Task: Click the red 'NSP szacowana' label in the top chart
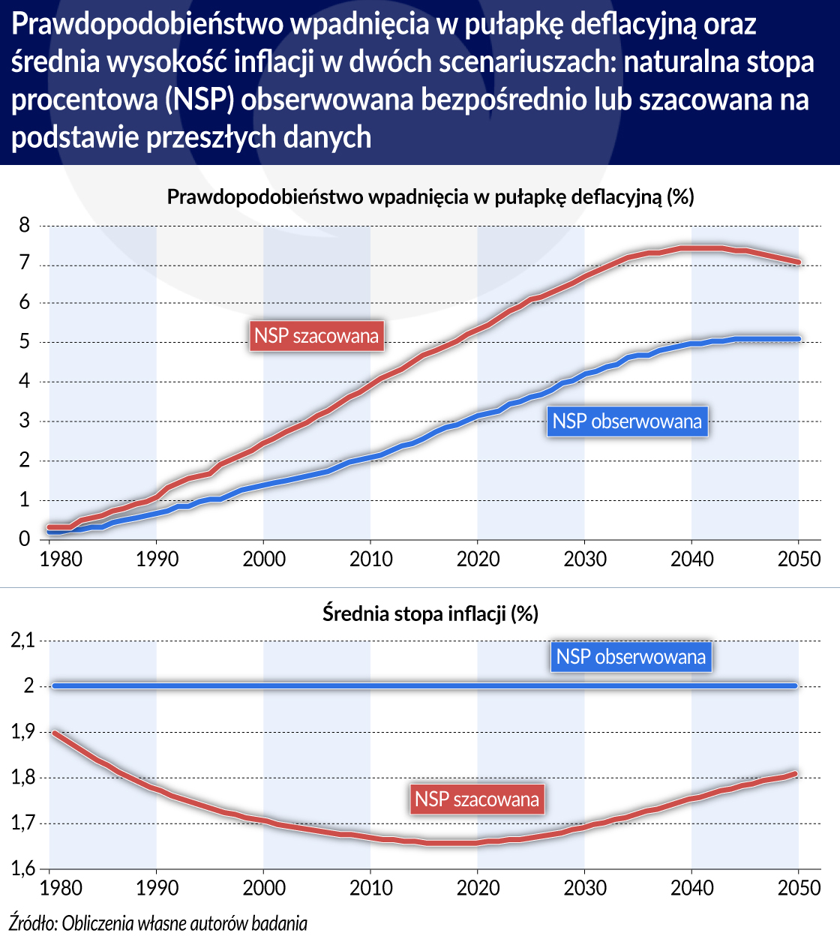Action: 316,335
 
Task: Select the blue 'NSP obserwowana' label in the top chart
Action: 627,421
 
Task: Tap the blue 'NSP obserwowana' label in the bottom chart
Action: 631,657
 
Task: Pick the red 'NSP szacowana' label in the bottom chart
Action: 477,799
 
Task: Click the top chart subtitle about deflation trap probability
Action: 430,197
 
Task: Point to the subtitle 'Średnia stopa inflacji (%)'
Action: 430,613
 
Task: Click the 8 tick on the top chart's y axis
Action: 25,225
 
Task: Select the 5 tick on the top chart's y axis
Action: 25,343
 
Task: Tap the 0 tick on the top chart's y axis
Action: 25,539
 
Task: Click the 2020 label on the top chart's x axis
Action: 478,559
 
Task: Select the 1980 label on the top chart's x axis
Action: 61,559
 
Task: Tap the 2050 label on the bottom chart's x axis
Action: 799,889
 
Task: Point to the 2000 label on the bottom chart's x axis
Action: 264,889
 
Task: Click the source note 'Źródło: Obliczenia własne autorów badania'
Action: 158,923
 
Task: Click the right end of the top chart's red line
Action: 798,262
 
